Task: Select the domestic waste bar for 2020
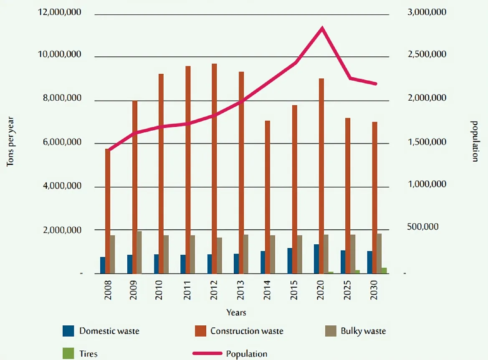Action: pyautogui.click(x=316, y=259)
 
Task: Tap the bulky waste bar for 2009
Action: pyautogui.click(x=139, y=252)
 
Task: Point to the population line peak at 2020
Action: pyautogui.click(x=322, y=28)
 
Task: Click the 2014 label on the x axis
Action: pyautogui.click(x=268, y=288)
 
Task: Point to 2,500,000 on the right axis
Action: pyautogui.click(x=426, y=55)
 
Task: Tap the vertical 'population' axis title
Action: pyautogui.click(x=474, y=141)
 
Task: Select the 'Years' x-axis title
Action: pyautogui.click(x=236, y=312)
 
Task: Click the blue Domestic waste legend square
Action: pyautogui.click(x=68, y=331)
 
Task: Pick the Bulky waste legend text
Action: pyautogui.click(x=363, y=331)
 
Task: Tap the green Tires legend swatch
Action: pyautogui.click(x=68, y=353)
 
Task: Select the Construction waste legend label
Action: pyautogui.click(x=247, y=331)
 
